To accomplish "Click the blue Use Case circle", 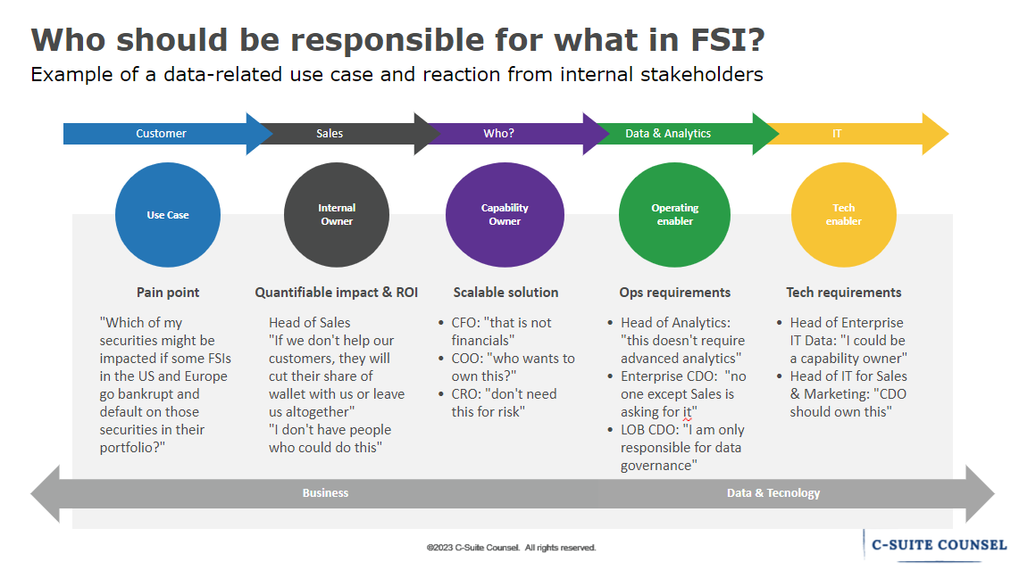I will pos(168,215).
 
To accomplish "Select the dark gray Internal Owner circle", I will pos(337,215).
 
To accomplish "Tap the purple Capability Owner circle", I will pos(505,215).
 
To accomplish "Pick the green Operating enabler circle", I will pos(674,215).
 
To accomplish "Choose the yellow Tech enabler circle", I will pos(843,215).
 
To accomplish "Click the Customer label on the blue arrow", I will pos(161,134).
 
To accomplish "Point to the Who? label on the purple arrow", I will pos(498,134).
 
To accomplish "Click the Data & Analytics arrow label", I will pos(668,134).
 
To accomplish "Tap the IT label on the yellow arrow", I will pos(836,134).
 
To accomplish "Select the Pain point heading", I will pos(168,293).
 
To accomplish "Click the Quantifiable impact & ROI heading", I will pos(337,293).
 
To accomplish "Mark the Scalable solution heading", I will pos(505,293).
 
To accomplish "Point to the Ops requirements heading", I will pos(674,293).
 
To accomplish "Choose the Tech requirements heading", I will pos(843,293).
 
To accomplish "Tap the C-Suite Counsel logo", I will pos(938,544).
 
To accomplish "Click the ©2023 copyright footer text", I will pos(511,548).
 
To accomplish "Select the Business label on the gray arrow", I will pos(325,493).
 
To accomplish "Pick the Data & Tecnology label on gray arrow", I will pos(773,493).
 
